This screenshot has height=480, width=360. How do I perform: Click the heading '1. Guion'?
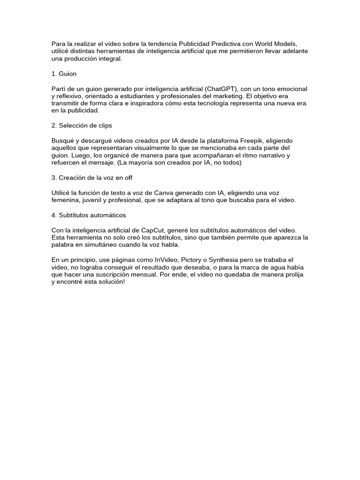pos(64,74)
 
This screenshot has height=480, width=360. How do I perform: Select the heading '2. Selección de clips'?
pos(82,126)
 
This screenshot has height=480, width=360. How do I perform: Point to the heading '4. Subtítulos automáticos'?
pos(89,215)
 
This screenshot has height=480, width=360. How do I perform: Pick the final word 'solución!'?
pos(111,282)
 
